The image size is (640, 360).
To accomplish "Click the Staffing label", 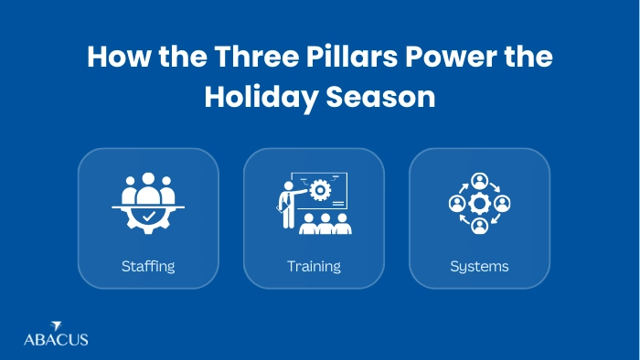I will click(x=148, y=267).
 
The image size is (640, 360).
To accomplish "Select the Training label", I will click(x=314, y=267).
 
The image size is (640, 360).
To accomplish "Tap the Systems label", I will click(x=479, y=267).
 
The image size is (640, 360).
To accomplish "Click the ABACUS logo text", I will click(x=56, y=339).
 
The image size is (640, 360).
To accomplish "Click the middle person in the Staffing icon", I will click(x=148, y=190).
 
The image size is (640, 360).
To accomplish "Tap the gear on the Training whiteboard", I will click(x=320, y=190).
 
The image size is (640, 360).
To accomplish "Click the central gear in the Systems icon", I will click(x=479, y=203).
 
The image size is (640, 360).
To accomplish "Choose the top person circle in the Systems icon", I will click(x=479, y=180).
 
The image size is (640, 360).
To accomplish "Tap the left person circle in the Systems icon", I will click(x=456, y=203).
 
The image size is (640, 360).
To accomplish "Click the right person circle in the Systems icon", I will click(x=502, y=203).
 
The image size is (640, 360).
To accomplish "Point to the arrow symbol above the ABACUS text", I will click(x=56, y=325).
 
